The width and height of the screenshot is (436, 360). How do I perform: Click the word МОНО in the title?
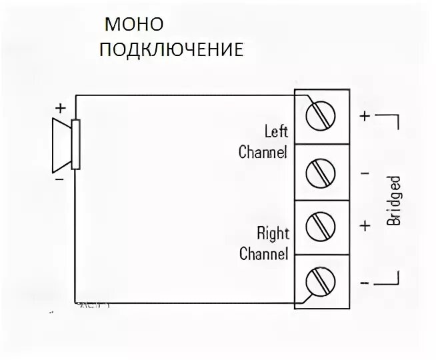[x=133, y=25]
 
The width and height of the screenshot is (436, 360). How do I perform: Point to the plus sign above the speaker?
[x=61, y=107]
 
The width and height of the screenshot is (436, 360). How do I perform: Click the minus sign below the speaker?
[x=59, y=179]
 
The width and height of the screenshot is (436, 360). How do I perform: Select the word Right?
[x=273, y=234]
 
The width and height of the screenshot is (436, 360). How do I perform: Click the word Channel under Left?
[x=263, y=152]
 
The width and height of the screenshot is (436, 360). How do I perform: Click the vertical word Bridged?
[x=395, y=200]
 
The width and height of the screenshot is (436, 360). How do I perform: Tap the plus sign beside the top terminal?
[x=365, y=115]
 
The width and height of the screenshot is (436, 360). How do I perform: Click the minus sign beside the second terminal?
[x=365, y=174]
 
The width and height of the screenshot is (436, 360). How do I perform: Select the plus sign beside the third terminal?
[x=365, y=225]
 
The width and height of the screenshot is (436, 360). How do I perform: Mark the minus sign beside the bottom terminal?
[x=365, y=282]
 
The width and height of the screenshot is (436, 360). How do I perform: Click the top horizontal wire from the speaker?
[x=187, y=95]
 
